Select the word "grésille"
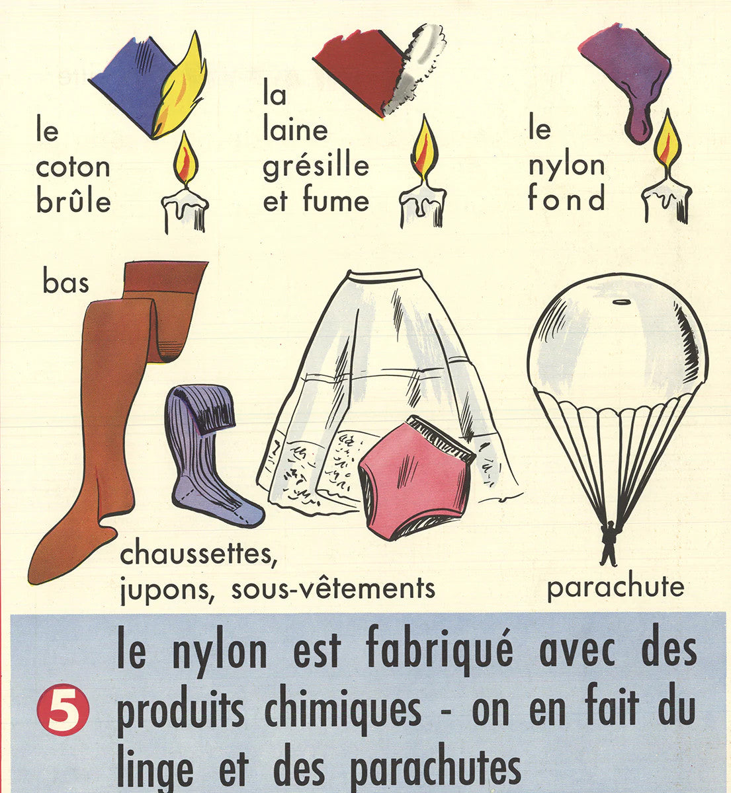pyautogui.click(x=316, y=167)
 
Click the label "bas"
pyautogui.click(x=65, y=282)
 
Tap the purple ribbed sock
pyautogui.click(x=210, y=455)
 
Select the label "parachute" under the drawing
pyautogui.click(x=615, y=588)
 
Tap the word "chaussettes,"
pyautogui.click(x=198, y=554)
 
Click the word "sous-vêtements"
pyautogui.click(x=333, y=588)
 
